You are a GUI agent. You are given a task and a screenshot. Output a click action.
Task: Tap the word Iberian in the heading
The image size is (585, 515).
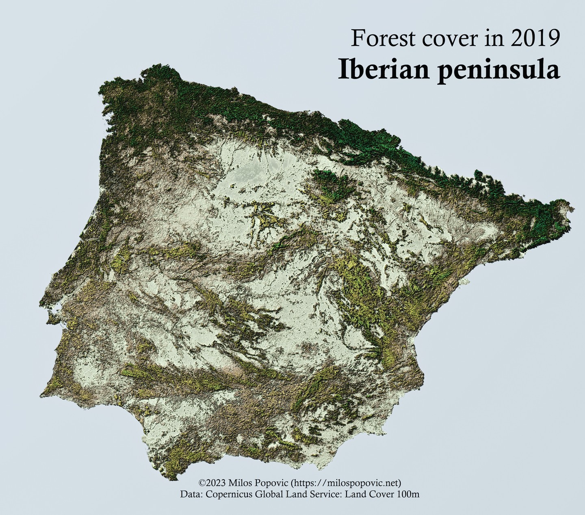(382, 70)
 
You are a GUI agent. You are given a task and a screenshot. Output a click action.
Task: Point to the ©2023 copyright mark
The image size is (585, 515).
(212, 483)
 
